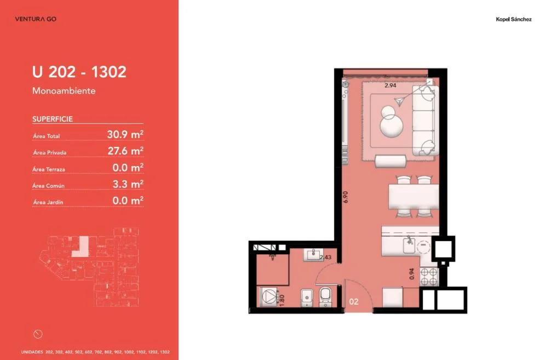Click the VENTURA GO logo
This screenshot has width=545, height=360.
(36, 19)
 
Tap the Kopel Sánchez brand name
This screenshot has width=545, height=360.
(513, 20)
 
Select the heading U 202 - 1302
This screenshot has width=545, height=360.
(79, 72)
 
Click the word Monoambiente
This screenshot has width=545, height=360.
(64, 91)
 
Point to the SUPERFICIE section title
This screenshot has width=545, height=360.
(53, 119)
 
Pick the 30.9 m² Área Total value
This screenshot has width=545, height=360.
(125, 134)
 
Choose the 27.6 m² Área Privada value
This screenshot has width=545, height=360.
(125, 151)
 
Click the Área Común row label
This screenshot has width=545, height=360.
(48, 186)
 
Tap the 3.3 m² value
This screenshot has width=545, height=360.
(128, 184)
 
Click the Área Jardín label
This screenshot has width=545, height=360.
(48, 202)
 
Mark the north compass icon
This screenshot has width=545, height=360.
(38, 334)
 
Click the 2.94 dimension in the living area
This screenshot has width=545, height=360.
(391, 85)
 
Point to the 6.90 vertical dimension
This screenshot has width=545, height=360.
(345, 197)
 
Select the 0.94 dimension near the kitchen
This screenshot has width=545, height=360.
(412, 274)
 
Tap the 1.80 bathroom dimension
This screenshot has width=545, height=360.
(282, 300)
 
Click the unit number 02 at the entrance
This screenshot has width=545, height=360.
(354, 301)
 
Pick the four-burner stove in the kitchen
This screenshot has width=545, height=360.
(429, 277)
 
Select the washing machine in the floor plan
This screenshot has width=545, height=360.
(268, 296)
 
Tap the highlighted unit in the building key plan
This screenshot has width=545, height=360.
(81, 247)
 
